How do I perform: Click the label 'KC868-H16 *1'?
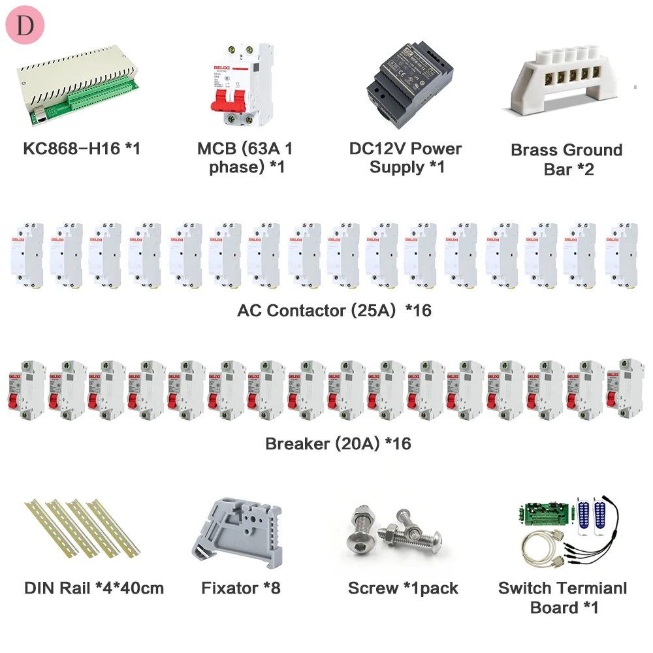point(82,148)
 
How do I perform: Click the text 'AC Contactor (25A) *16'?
point(334,310)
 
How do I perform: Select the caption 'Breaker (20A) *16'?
point(338,443)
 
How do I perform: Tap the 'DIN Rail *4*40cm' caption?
point(93,588)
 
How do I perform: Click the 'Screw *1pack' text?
point(403,588)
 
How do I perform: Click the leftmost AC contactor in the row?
point(26,255)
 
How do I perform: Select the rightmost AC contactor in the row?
point(621,255)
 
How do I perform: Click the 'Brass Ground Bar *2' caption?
point(566,159)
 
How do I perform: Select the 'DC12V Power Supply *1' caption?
point(406,158)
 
